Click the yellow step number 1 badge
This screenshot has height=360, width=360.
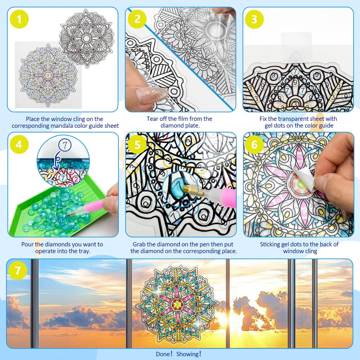pos(19,19)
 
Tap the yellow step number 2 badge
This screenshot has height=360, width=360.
pos(137,19)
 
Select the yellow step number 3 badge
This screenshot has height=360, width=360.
pos(254,19)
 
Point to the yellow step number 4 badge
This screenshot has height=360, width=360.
pos(19,144)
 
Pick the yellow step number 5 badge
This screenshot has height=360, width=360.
pos(137,145)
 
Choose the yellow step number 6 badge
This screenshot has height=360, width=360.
pos(254,145)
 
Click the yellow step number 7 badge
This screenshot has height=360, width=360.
pos(17,270)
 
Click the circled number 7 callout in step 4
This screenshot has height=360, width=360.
pos(65,145)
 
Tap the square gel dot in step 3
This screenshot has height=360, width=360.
pos(296,47)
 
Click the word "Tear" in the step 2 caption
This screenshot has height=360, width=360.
pos(152,119)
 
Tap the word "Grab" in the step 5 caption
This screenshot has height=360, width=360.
pos(139,244)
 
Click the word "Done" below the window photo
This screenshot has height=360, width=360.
pos(163,354)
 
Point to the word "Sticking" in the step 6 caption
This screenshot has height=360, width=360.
pos(270,244)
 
